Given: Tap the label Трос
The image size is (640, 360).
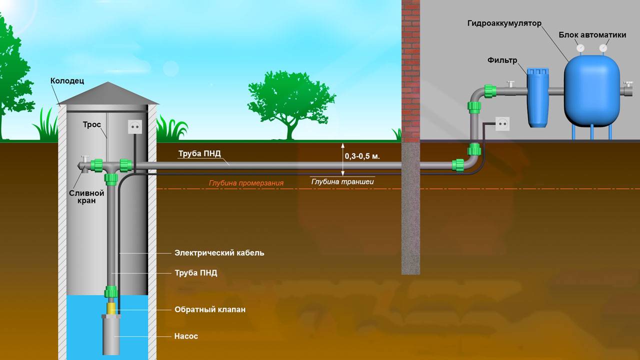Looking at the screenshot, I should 92,124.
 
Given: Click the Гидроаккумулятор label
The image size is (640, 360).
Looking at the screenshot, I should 504,23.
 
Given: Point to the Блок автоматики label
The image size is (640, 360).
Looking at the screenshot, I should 592,35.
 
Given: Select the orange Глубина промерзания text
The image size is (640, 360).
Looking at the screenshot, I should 246,183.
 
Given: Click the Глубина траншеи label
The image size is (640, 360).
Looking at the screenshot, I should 342,181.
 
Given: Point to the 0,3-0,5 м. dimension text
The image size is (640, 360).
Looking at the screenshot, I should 362,156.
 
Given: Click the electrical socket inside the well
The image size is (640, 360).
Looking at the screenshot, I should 134,127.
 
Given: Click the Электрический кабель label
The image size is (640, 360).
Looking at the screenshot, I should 219,253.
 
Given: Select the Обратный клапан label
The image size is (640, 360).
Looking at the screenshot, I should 210,309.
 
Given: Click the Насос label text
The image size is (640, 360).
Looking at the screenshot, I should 186,336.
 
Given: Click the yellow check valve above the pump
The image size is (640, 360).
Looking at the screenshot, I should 111,306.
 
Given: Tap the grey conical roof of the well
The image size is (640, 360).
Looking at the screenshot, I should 107,94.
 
